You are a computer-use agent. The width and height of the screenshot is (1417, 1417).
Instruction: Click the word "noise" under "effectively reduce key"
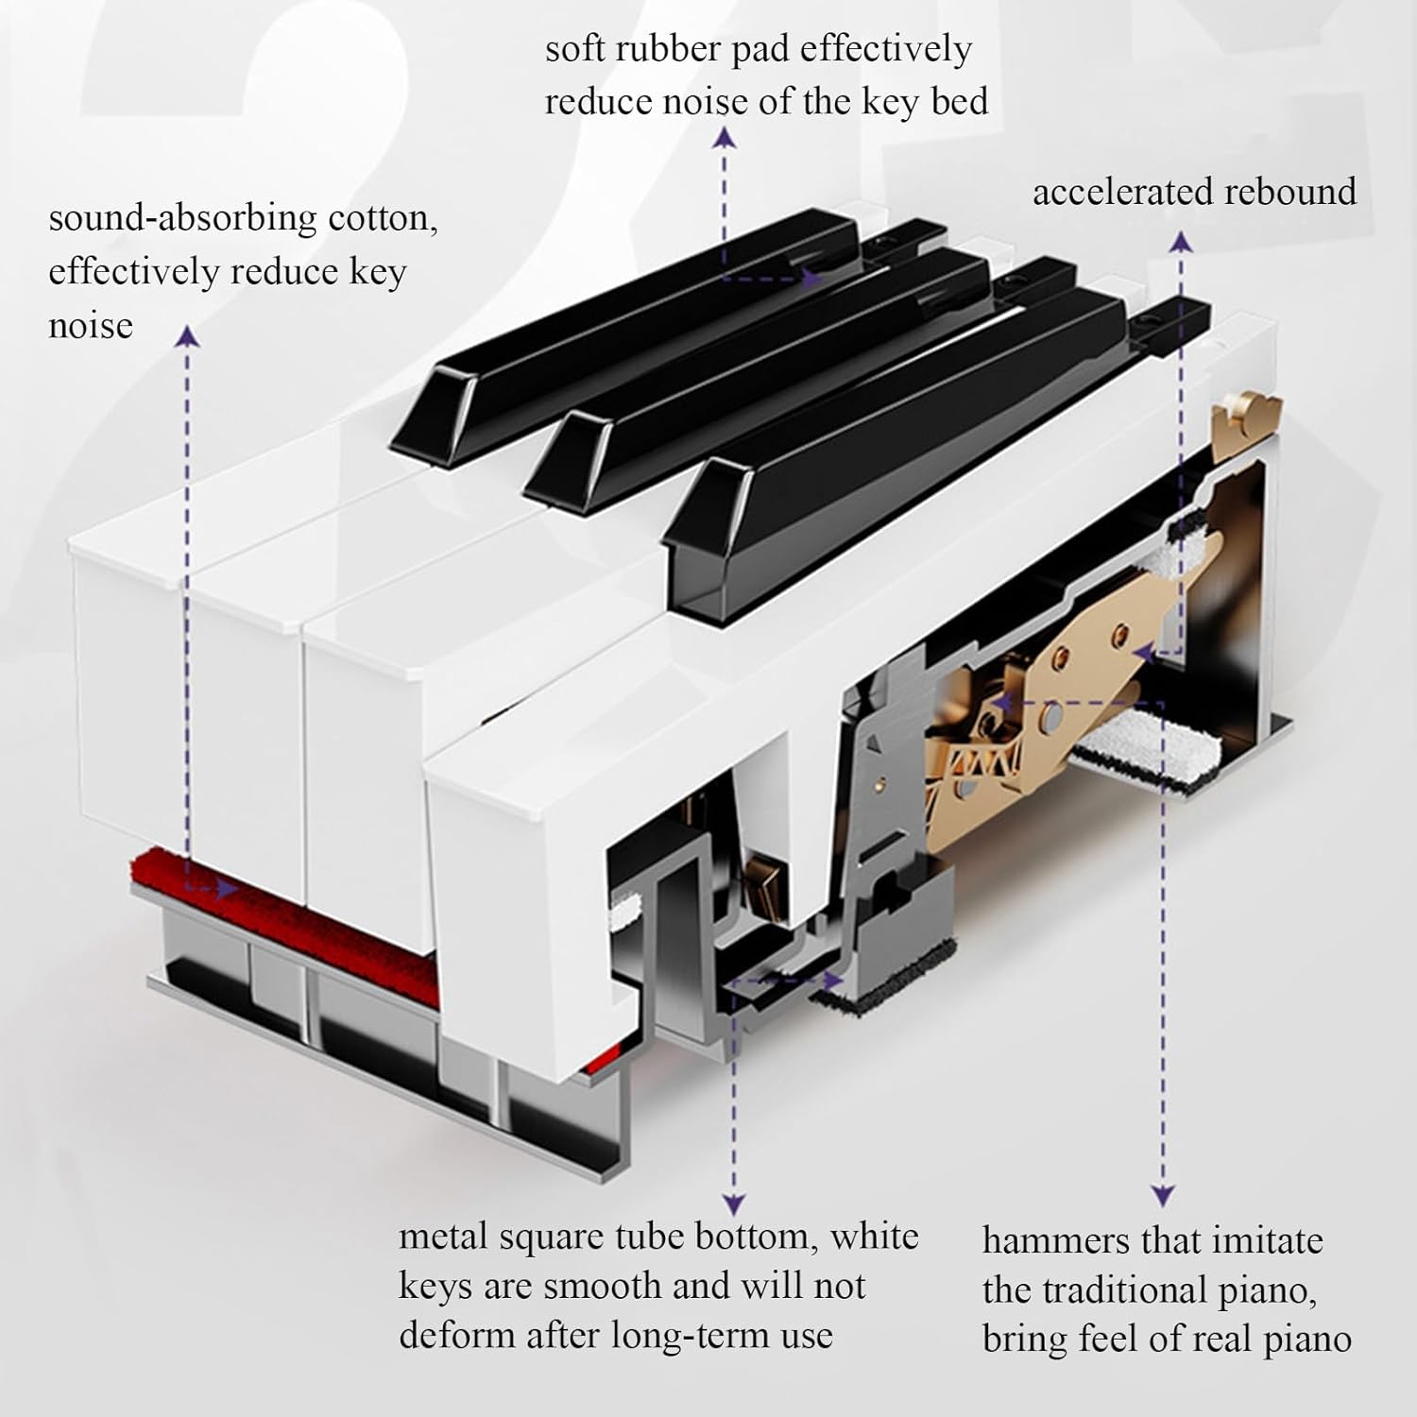point(91,326)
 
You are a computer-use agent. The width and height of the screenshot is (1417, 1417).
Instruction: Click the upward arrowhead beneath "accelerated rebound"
point(1182,242)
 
